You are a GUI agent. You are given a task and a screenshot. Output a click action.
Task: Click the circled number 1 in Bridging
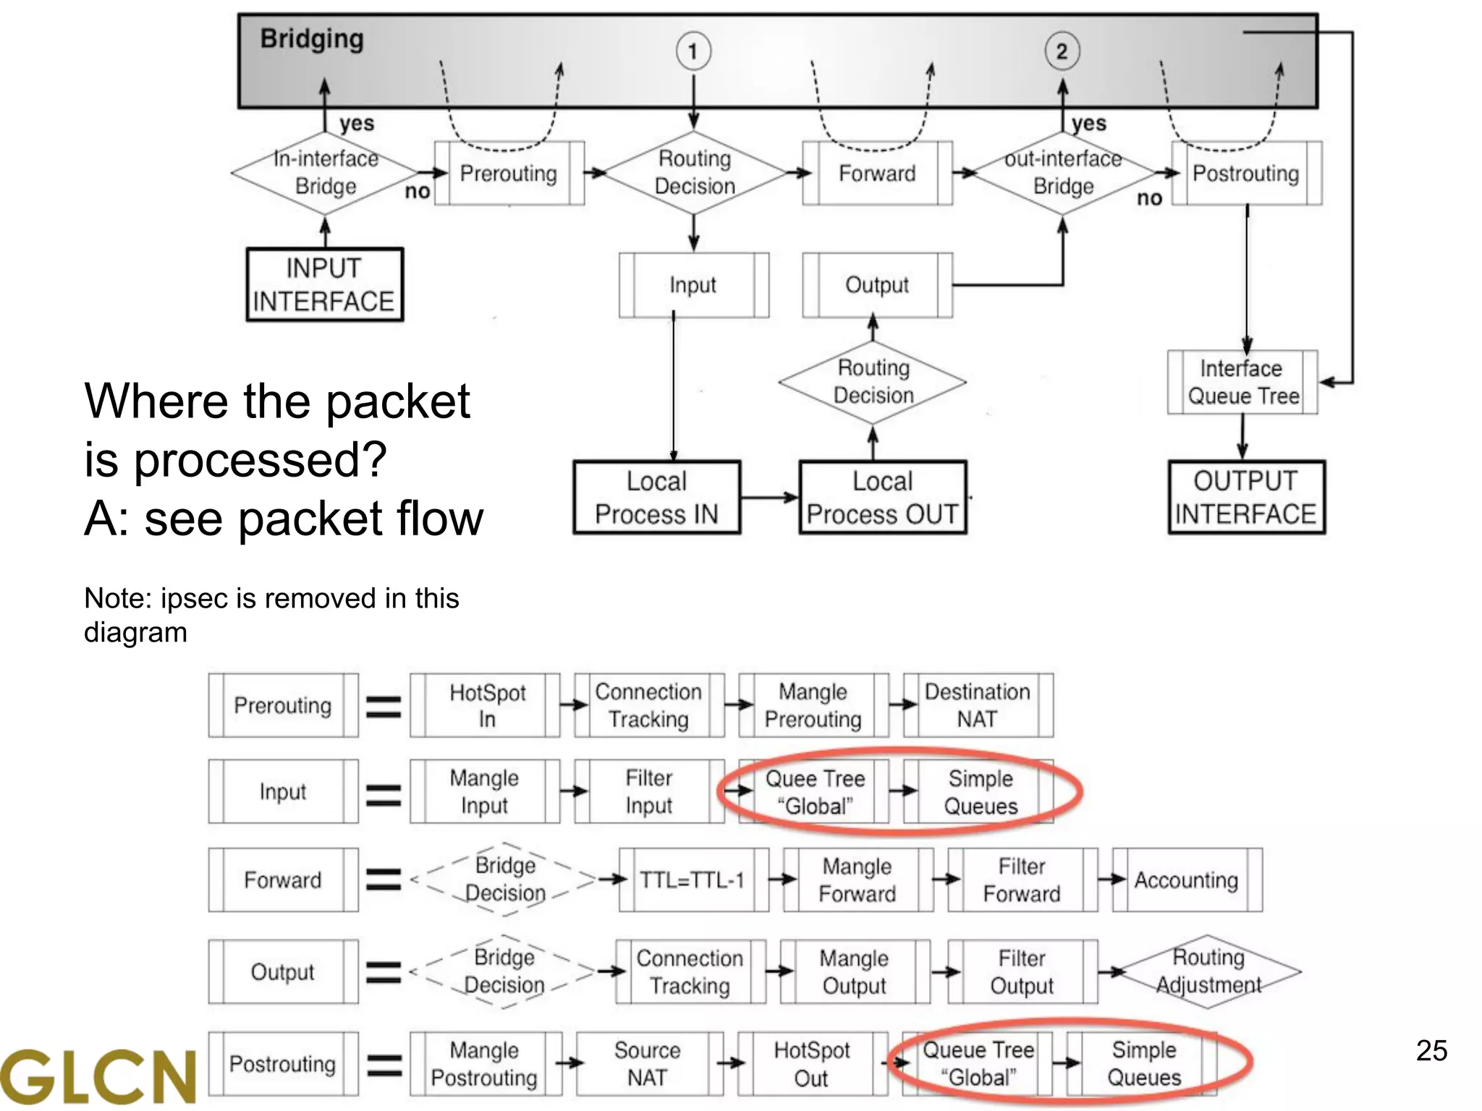(x=693, y=51)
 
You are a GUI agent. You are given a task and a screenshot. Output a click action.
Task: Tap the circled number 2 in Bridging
(x=1062, y=51)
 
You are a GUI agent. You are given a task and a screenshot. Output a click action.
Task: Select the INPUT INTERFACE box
(x=324, y=285)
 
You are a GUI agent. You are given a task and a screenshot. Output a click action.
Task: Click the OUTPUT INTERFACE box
(x=1246, y=498)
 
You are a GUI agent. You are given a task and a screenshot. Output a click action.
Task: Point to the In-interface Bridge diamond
(x=325, y=173)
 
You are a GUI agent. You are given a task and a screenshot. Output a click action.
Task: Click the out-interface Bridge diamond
(x=1062, y=173)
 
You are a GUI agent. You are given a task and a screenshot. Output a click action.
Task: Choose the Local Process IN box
(x=656, y=498)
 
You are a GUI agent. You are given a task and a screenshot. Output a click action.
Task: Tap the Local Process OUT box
(x=882, y=498)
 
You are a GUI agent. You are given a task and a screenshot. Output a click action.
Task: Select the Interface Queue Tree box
(x=1242, y=383)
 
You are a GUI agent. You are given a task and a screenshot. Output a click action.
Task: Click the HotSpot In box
(x=486, y=706)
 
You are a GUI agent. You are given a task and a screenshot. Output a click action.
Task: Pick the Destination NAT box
(x=978, y=706)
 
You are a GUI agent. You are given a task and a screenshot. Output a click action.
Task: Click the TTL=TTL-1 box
(x=693, y=880)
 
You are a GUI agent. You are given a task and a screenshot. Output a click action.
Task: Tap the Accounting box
(x=1187, y=880)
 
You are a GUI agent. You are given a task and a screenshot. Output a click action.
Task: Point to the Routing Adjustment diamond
(x=1208, y=971)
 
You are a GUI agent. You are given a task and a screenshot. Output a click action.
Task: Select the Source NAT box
(x=648, y=1064)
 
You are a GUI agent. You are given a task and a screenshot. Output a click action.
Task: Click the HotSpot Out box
(x=811, y=1064)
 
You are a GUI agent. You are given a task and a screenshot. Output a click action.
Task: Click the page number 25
(x=1431, y=1051)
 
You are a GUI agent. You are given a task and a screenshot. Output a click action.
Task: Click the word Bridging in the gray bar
(x=312, y=39)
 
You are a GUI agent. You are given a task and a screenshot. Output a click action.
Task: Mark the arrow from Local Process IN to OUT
(x=770, y=498)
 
